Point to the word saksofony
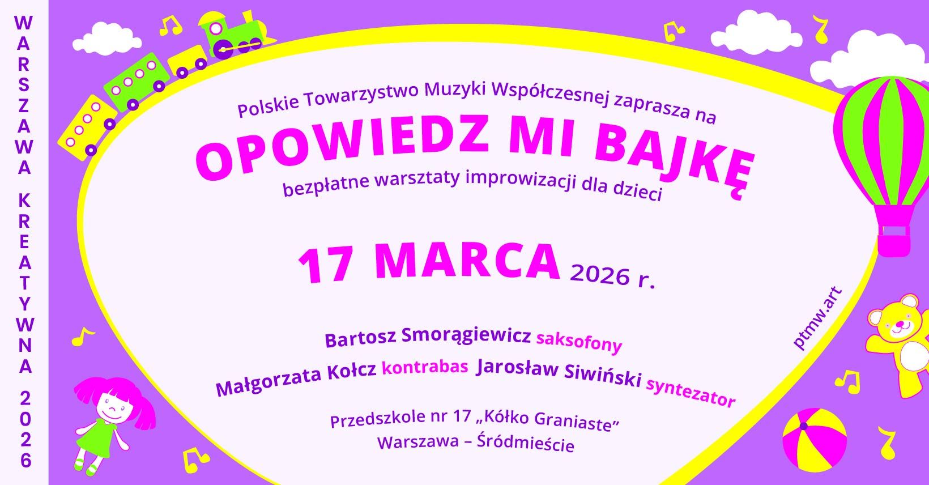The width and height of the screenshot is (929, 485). point(579,342)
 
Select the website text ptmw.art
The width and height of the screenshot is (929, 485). point(819,318)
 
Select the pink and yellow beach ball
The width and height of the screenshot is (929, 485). point(815,440)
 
